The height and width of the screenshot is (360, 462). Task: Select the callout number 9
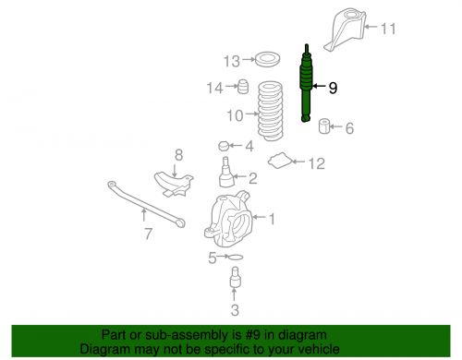(333, 88)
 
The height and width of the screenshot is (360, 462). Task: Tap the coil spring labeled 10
(270, 111)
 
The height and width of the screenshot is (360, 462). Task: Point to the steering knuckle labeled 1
(228, 219)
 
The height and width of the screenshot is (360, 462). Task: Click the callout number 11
(388, 29)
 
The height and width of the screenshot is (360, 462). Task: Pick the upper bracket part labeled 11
(345, 30)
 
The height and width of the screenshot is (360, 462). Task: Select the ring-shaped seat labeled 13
(268, 59)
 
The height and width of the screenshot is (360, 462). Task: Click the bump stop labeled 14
(243, 87)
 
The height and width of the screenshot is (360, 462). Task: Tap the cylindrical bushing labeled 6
(323, 126)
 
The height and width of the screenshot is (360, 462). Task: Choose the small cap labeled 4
(224, 146)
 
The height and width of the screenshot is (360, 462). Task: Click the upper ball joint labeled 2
(226, 172)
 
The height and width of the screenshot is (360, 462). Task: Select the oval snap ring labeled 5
(236, 257)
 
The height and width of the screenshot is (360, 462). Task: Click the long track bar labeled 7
(145, 203)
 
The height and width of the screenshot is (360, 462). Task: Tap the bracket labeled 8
(174, 184)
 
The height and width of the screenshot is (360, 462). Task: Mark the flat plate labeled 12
(280, 161)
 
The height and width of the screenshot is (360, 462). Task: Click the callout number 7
(149, 234)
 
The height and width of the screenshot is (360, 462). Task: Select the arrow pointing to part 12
(298, 162)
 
